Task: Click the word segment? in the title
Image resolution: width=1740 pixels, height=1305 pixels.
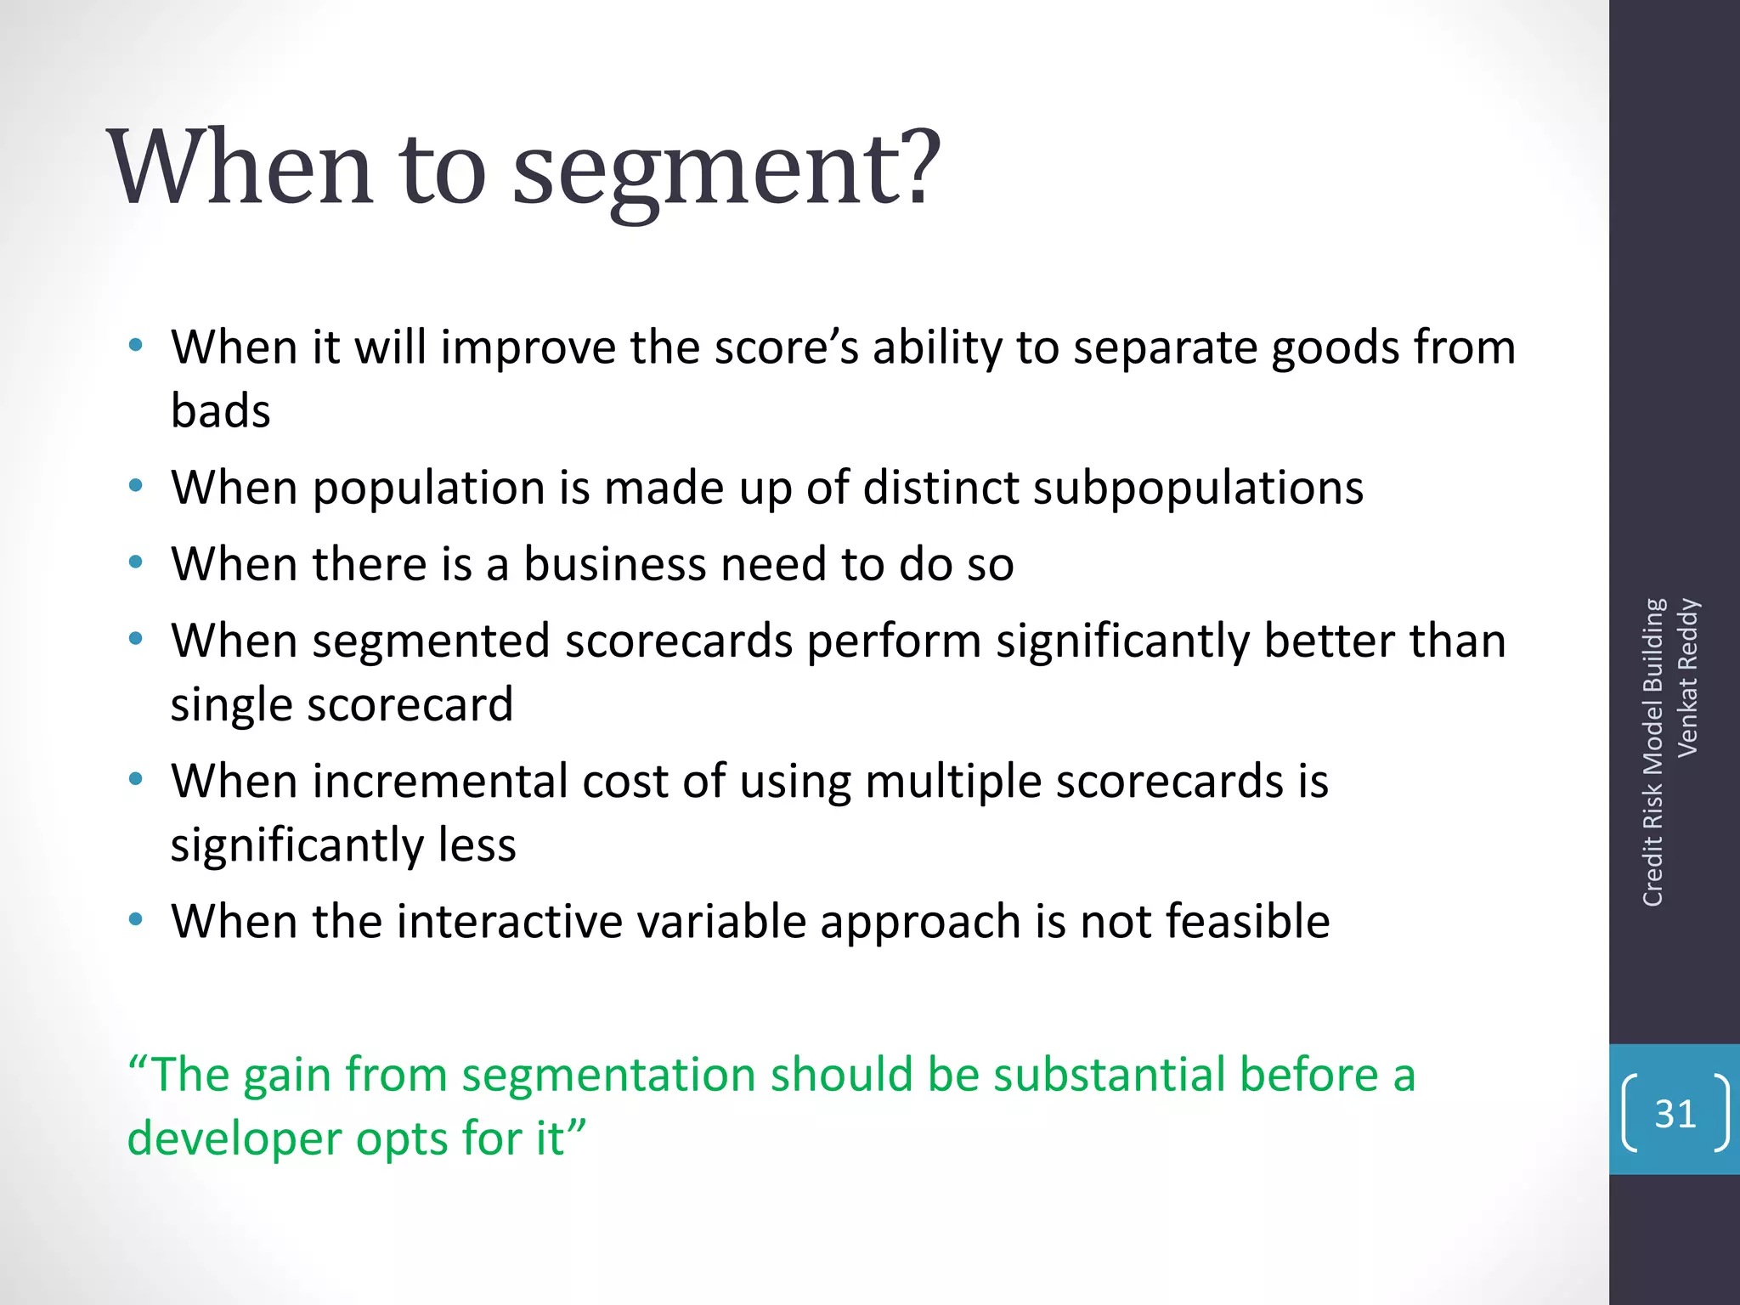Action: click(x=726, y=170)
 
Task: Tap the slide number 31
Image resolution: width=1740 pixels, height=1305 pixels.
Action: click(x=1675, y=1114)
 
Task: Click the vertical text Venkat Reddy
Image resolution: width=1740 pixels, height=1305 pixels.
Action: click(x=1687, y=677)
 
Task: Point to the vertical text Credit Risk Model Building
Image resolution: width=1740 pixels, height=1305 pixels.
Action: click(x=1652, y=752)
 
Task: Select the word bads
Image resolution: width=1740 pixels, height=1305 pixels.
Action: click(x=220, y=411)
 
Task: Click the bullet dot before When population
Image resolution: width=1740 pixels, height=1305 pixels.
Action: click(x=135, y=487)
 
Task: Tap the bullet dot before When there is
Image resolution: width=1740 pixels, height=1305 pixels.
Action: click(x=135, y=562)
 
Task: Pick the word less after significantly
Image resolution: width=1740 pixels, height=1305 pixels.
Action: click(x=477, y=845)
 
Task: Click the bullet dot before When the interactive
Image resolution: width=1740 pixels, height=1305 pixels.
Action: click(x=135, y=920)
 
